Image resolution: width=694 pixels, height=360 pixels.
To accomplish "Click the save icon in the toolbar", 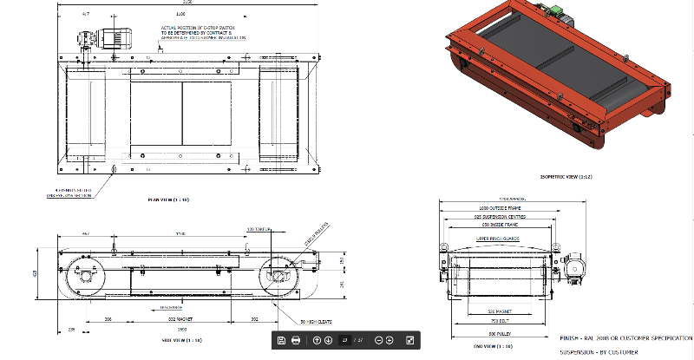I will pyautogui.click(x=282, y=341).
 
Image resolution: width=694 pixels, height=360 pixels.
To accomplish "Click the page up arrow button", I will pyautogui.click(x=317, y=341).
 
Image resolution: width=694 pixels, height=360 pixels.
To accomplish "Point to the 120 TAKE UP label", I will pyautogui.click(x=258, y=229).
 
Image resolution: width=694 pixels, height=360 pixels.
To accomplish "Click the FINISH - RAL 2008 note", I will pyautogui.click(x=625, y=337).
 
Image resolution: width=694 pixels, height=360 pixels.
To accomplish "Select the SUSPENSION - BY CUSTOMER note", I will pyautogui.click(x=599, y=351).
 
